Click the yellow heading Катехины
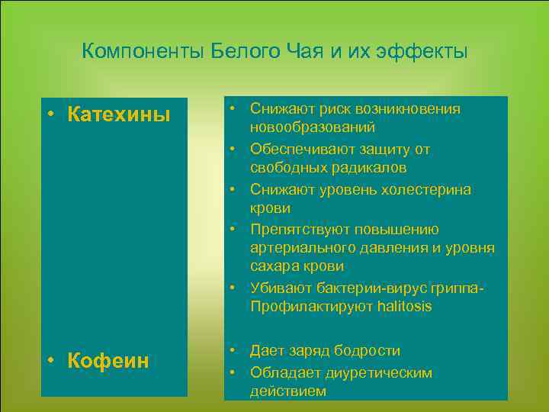coord(118,114)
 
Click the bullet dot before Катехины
coord(49,115)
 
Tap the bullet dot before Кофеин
coord(49,360)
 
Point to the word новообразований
coord(312,127)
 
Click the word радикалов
coord(363,167)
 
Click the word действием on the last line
coord(287,391)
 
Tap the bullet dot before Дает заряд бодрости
coord(239,351)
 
